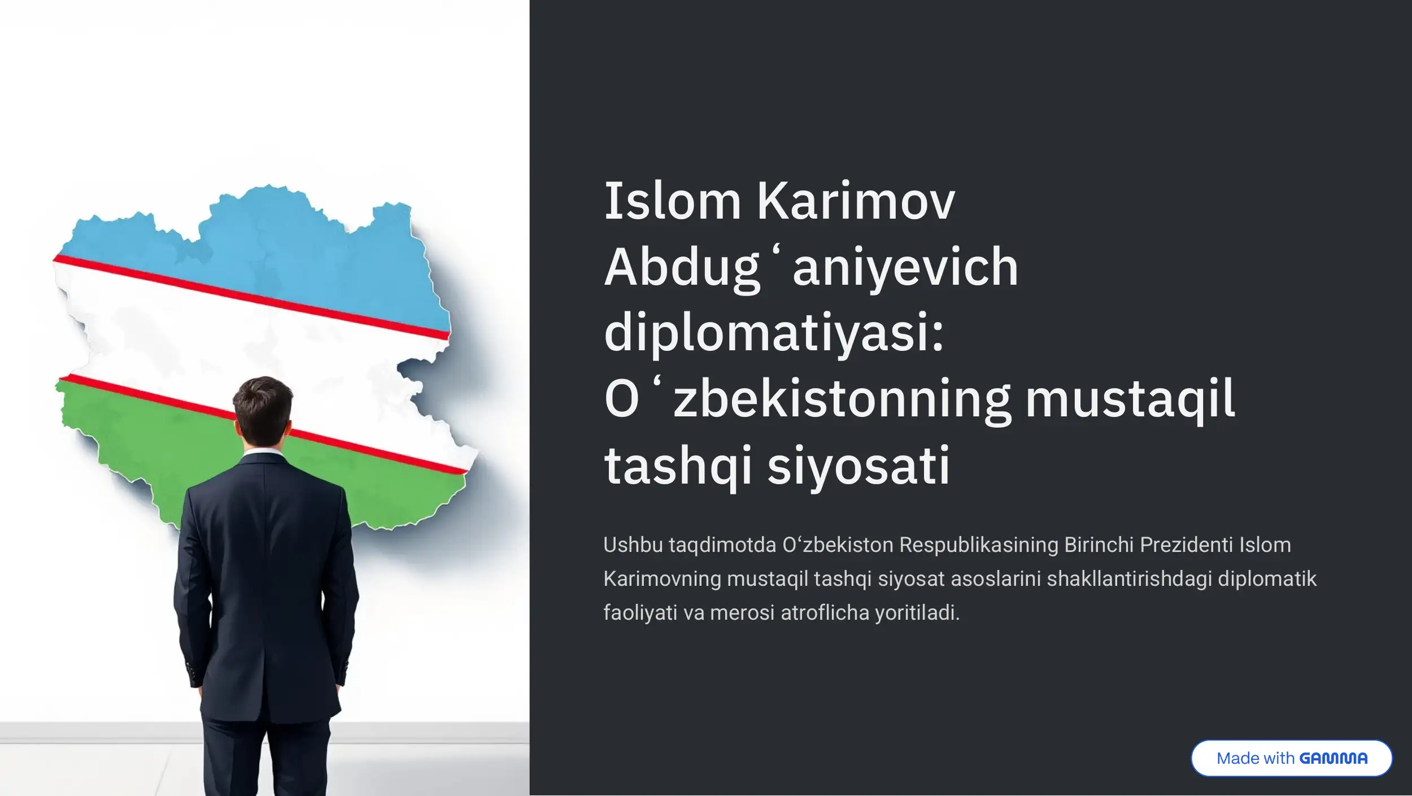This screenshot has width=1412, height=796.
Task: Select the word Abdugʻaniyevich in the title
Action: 811,269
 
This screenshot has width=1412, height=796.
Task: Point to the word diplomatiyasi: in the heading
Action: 774,333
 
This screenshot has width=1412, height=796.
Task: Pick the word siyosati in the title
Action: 858,467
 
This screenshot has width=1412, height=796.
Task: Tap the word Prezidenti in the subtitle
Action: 1187,545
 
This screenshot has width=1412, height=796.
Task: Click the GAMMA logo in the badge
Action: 1333,758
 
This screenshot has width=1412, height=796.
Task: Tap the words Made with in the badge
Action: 1256,758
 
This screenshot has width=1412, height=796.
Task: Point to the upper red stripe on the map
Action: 252,298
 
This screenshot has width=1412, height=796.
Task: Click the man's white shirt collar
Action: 263,453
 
